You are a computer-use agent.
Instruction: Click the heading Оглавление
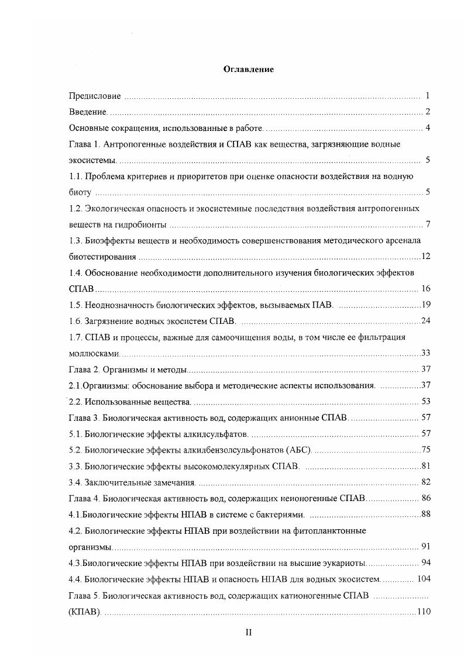click(249, 69)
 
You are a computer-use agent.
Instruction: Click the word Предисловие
click(95, 95)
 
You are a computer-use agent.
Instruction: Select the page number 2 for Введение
click(428, 112)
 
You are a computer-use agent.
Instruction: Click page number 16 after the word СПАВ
click(426, 289)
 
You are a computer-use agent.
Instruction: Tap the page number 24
click(426, 320)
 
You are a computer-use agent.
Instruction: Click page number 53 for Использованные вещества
click(426, 401)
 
